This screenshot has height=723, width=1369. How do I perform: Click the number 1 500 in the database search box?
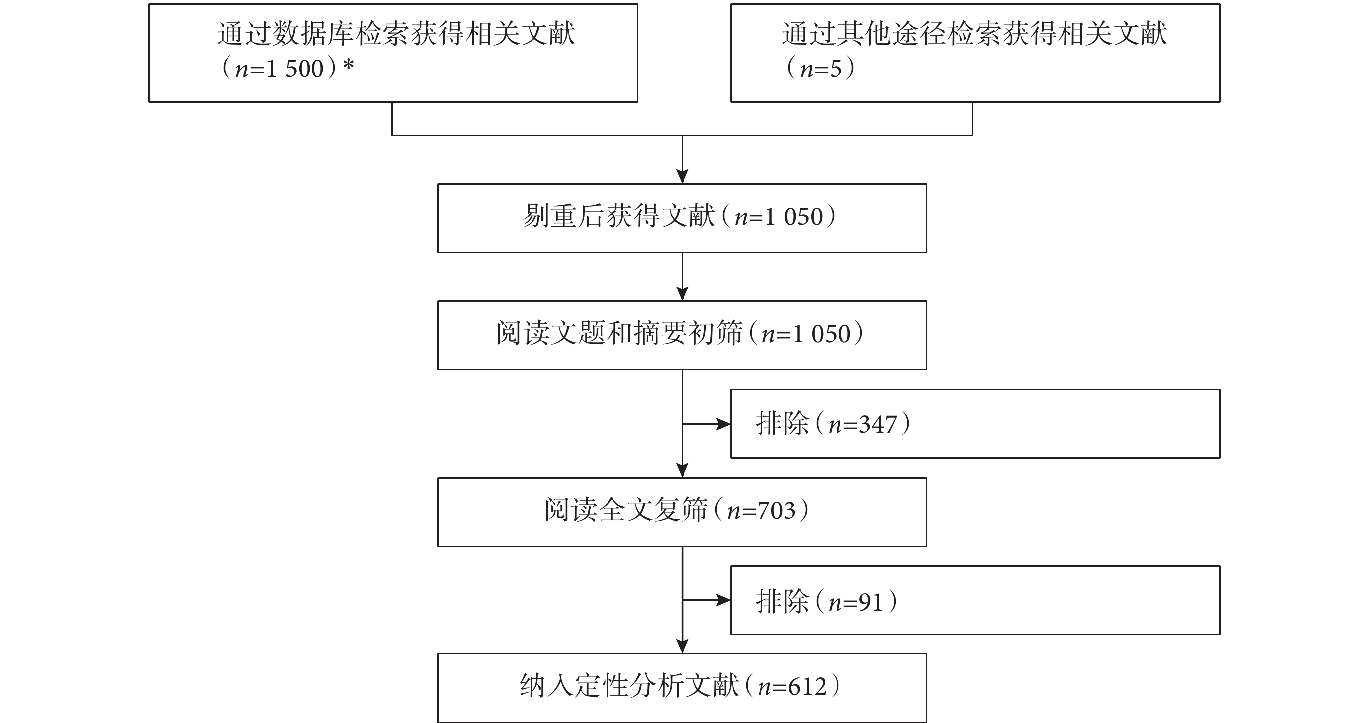click(295, 69)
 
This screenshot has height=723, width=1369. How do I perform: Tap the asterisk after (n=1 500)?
click(349, 66)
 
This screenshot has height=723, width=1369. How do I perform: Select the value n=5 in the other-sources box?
click(821, 69)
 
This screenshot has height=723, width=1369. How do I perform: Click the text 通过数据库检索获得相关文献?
click(396, 33)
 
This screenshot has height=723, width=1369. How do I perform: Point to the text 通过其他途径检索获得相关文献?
click(975, 33)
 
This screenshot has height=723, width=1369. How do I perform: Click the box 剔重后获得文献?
click(682, 218)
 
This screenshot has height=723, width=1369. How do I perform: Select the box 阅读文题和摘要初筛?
click(682, 335)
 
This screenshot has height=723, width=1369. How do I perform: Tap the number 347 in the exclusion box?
click(878, 425)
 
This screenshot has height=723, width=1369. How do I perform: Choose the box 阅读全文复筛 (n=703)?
click(682, 512)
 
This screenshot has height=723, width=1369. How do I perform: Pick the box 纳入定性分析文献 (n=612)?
click(682, 688)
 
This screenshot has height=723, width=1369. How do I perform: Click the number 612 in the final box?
click(808, 687)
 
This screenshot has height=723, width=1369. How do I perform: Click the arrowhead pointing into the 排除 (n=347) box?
click(723, 424)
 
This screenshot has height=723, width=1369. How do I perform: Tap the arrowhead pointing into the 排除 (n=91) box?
click(723, 600)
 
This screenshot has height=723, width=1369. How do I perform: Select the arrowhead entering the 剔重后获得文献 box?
click(683, 176)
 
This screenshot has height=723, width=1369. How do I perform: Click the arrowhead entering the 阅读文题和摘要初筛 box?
click(683, 294)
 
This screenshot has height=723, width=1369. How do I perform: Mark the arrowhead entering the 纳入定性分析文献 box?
click(683, 646)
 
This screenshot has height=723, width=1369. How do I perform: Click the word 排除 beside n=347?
click(782, 424)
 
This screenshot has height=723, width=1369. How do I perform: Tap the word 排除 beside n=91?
click(782, 602)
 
